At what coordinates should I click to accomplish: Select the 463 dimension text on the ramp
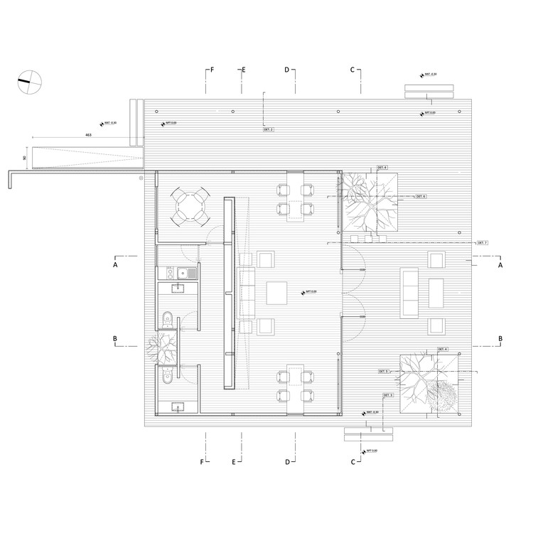[87, 134]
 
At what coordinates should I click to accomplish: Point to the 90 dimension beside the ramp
[24, 158]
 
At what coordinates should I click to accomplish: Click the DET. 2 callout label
[269, 130]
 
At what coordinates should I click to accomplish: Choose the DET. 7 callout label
[483, 243]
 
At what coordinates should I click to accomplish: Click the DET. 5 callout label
[384, 372]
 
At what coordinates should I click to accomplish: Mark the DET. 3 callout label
[388, 394]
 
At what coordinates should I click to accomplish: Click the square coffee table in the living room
[276, 292]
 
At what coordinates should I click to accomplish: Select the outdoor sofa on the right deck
[411, 291]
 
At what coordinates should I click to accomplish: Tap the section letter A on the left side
[114, 264]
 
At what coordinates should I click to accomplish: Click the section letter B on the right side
[500, 338]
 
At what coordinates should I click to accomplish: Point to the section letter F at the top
[211, 70]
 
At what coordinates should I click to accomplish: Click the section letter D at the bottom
[288, 462]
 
